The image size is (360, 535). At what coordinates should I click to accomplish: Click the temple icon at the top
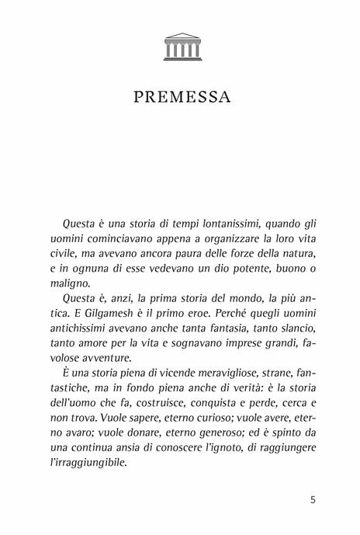point(181,46)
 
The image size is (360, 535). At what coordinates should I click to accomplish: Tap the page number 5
point(311,500)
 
